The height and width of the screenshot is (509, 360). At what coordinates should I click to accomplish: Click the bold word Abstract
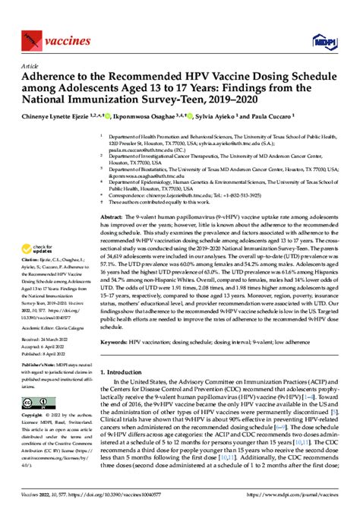click(x=113, y=217)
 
